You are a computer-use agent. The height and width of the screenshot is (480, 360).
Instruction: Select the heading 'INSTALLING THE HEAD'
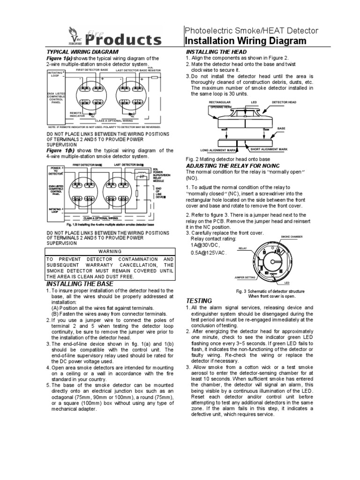click(216, 51)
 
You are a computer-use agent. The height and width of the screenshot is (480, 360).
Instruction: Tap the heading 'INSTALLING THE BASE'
click(83, 284)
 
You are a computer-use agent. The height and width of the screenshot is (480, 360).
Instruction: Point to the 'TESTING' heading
click(199, 300)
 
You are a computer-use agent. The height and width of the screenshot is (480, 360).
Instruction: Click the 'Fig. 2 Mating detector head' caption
click(227, 160)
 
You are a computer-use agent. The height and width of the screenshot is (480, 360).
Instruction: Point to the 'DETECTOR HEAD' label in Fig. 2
click(284, 101)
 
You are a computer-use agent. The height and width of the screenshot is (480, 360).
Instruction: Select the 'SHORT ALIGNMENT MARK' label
click(268, 149)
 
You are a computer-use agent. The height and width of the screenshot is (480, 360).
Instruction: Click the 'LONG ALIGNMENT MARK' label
click(223, 150)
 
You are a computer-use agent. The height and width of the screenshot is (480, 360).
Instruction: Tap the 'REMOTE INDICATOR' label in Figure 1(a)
click(76, 114)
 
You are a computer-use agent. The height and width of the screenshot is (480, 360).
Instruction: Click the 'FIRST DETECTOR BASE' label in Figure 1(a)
click(92, 69)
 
